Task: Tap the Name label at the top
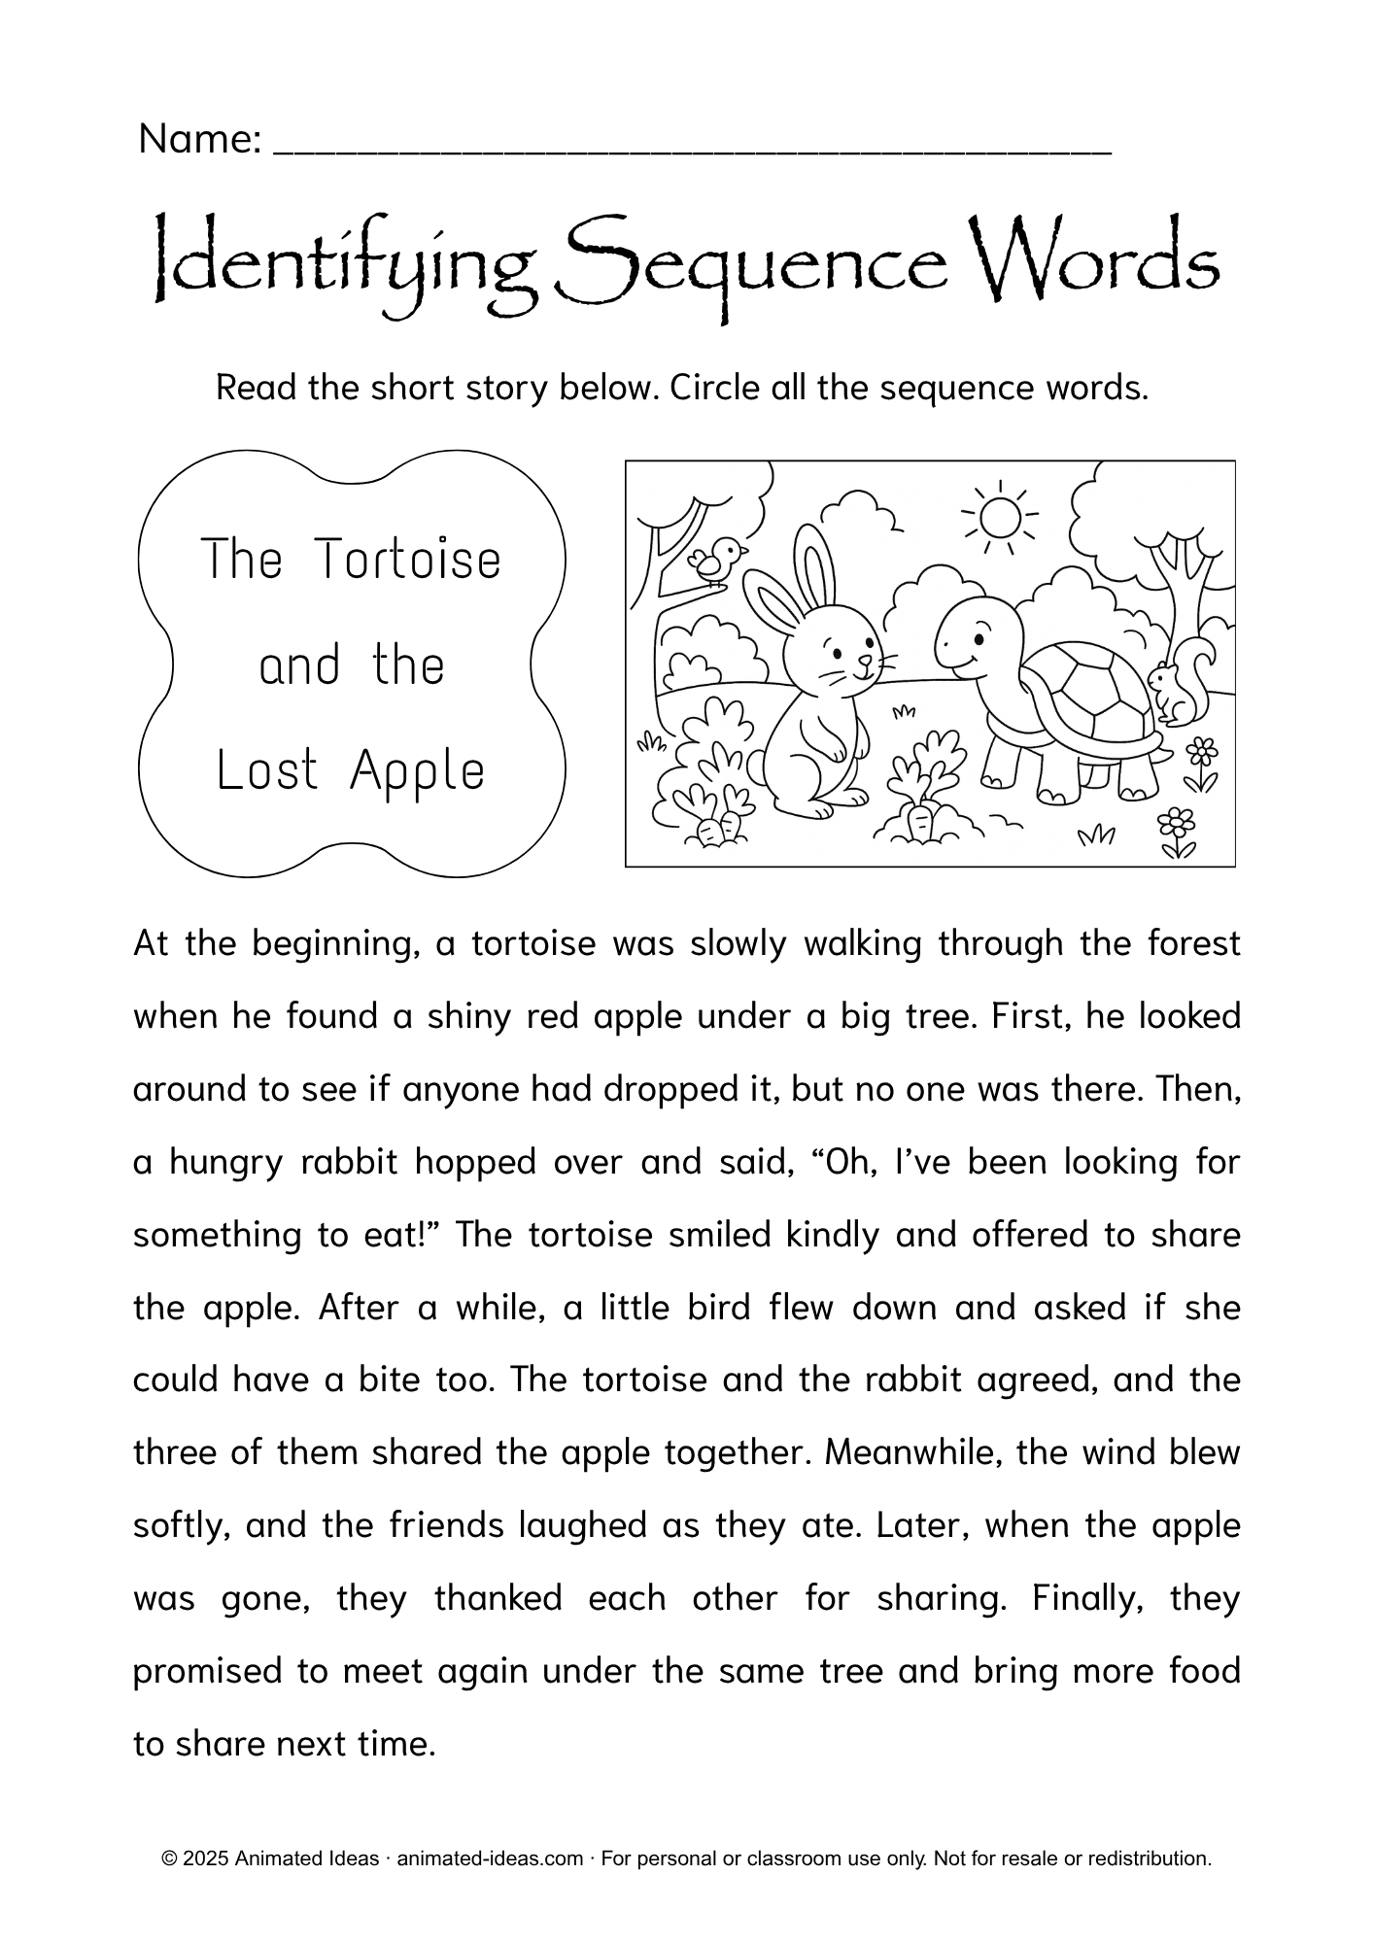200,140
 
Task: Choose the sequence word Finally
1087,1598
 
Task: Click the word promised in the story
201,1672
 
